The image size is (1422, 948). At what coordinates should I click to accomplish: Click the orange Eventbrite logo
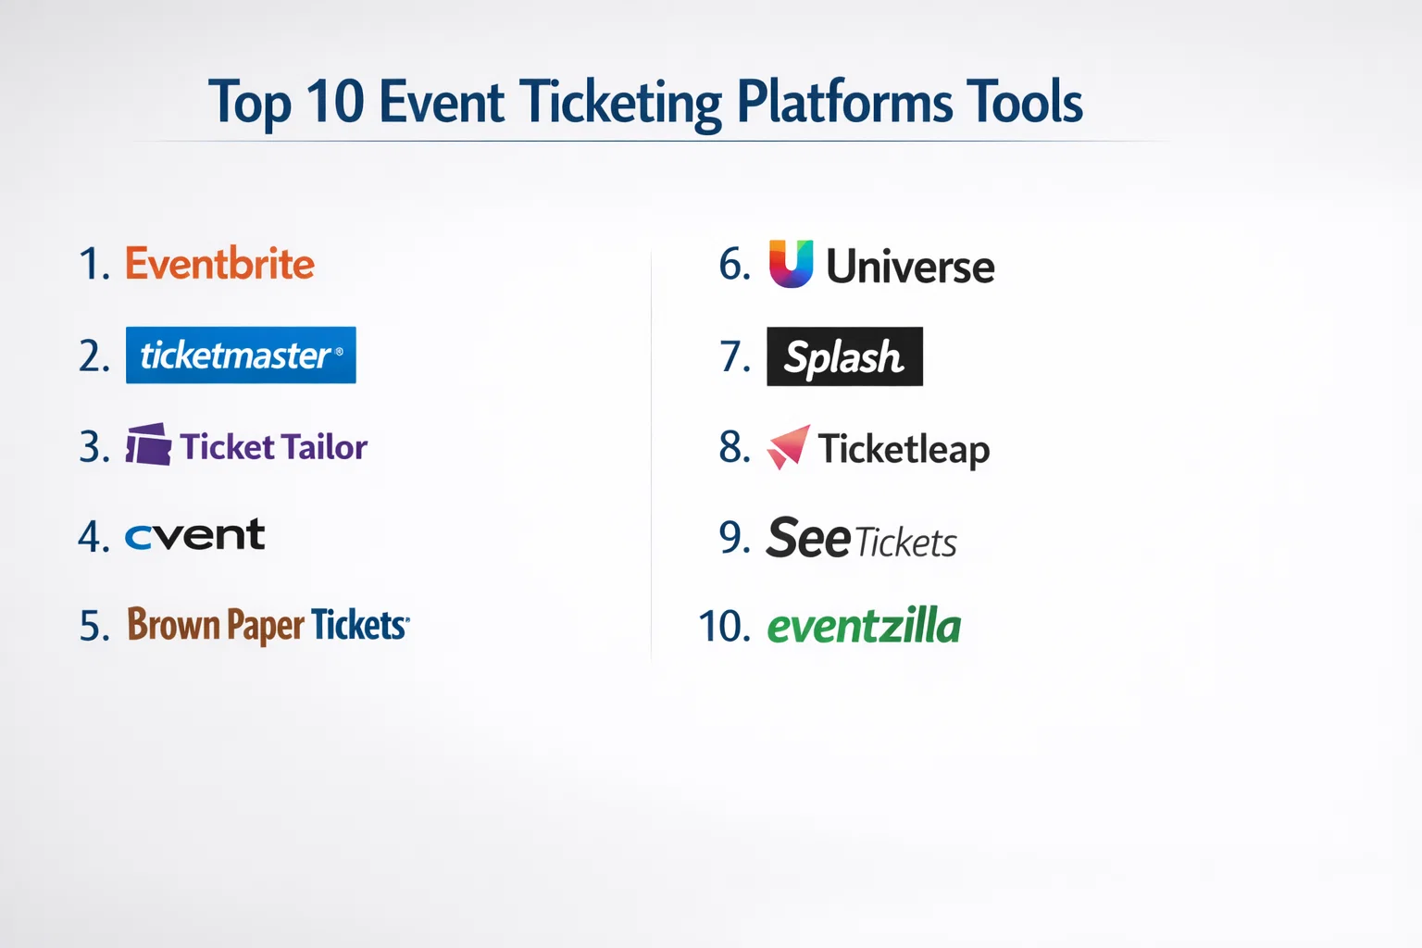pos(219,264)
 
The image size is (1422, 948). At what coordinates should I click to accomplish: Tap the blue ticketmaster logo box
pos(241,355)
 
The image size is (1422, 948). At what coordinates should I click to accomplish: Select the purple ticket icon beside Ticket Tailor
pos(148,443)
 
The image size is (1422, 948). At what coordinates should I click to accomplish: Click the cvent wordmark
pos(195,534)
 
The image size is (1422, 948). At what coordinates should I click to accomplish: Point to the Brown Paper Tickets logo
pos(268,625)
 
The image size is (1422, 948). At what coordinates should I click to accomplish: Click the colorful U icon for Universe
pos(791,264)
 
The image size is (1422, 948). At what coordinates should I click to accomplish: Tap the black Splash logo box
pos(845,356)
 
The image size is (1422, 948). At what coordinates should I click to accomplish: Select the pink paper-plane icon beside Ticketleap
pos(788,447)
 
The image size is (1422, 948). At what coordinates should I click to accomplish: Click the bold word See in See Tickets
pos(807,538)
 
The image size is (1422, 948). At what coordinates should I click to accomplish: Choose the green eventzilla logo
pos(864,626)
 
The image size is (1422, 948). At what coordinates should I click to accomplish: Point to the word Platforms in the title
pos(845,102)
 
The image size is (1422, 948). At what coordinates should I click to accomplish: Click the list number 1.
pos(94,264)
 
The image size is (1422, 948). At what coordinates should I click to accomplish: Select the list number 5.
pos(94,626)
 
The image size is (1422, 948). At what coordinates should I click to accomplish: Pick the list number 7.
pos(735,356)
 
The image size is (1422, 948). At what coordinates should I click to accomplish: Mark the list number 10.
pos(724,626)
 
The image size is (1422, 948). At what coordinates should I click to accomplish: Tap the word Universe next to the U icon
pos(910,266)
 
